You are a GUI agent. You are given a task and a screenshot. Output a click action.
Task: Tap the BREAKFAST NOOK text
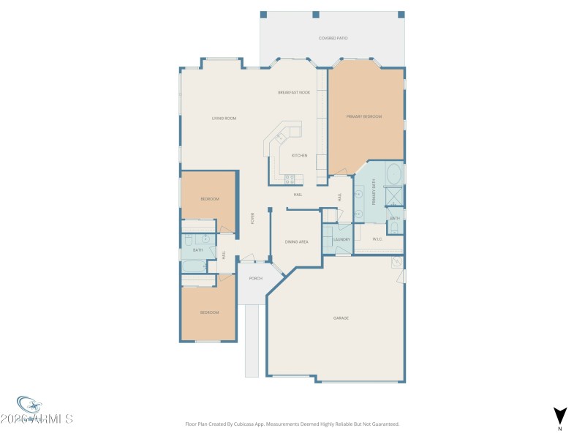(x=294, y=92)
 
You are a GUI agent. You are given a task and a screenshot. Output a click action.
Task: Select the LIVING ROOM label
(x=224, y=118)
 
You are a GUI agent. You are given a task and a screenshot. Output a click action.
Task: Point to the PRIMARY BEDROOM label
(x=364, y=116)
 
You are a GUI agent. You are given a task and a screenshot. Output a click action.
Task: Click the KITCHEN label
(x=300, y=155)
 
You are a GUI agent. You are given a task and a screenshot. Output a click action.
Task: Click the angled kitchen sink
(x=279, y=137)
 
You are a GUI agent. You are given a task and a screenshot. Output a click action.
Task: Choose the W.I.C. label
(x=378, y=239)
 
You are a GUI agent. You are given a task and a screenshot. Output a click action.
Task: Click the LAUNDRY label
(x=341, y=239)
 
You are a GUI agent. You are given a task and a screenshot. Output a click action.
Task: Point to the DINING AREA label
(x=296, y=241)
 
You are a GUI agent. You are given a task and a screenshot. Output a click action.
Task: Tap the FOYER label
(x=253, y=218)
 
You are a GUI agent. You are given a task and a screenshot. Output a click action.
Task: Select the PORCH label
(x=255, y=278)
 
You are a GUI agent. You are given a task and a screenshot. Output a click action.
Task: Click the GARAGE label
(x=341, y=318)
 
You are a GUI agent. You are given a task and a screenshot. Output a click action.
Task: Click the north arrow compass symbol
(x=559, y=416)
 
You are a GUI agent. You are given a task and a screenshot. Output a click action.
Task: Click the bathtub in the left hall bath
(x=195, y=266)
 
